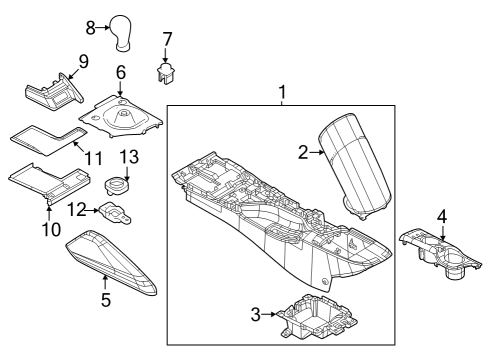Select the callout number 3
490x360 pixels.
point(255,315)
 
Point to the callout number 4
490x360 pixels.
point(441,214)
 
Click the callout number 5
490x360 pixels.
point(104,299)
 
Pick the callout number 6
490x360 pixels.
point(120,72)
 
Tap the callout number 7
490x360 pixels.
point(167,39)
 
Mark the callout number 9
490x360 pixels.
point(83,61)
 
